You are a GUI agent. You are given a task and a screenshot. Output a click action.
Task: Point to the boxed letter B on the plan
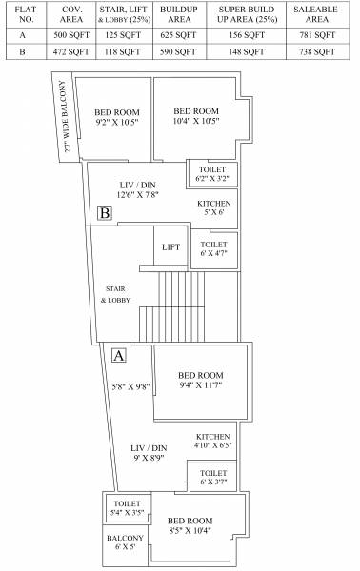105,213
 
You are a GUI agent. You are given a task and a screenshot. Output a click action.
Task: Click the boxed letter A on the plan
119,356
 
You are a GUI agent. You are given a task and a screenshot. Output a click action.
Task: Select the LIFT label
171,247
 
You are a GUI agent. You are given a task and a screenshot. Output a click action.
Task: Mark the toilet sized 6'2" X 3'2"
211,173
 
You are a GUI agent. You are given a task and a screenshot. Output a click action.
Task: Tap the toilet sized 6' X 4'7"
213,249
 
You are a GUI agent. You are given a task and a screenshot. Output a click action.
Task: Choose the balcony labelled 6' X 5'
125,543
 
